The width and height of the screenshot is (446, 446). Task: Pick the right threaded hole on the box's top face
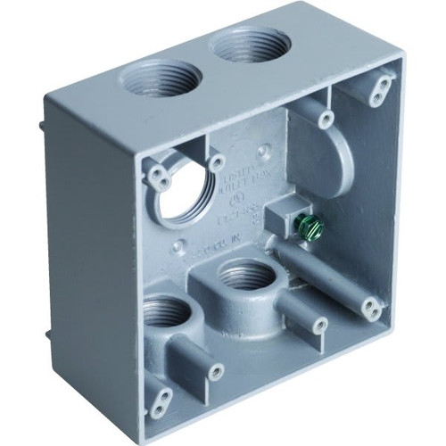coord(240,45)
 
